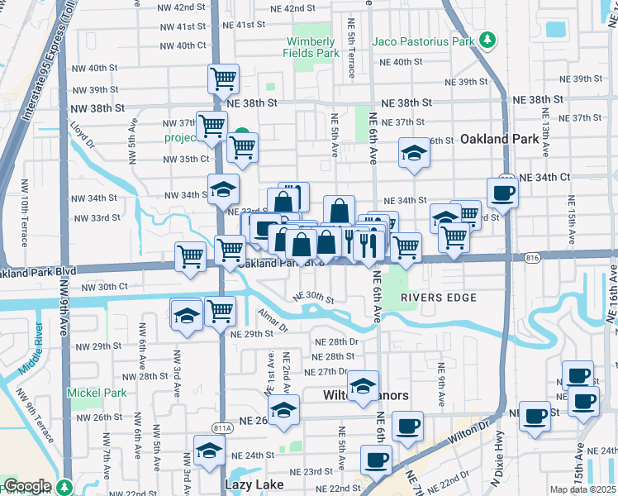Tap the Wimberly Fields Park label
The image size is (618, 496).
pos(312,47)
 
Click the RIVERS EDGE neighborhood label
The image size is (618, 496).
pos(429,296)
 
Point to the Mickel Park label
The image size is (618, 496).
pos(98,393)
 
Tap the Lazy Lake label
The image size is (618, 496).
pos(254,484)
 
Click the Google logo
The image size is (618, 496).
pos(26,486)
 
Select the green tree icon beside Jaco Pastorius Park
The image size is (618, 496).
pos(487,40)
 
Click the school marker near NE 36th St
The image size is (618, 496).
pos(414,153)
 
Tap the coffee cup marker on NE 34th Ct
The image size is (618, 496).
pos(502,193)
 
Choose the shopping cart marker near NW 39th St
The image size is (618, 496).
pos(223,79)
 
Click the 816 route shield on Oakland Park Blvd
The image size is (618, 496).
pos(533,258)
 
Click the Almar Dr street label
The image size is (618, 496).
pos(272,321)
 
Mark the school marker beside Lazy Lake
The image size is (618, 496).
pos(209,451)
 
